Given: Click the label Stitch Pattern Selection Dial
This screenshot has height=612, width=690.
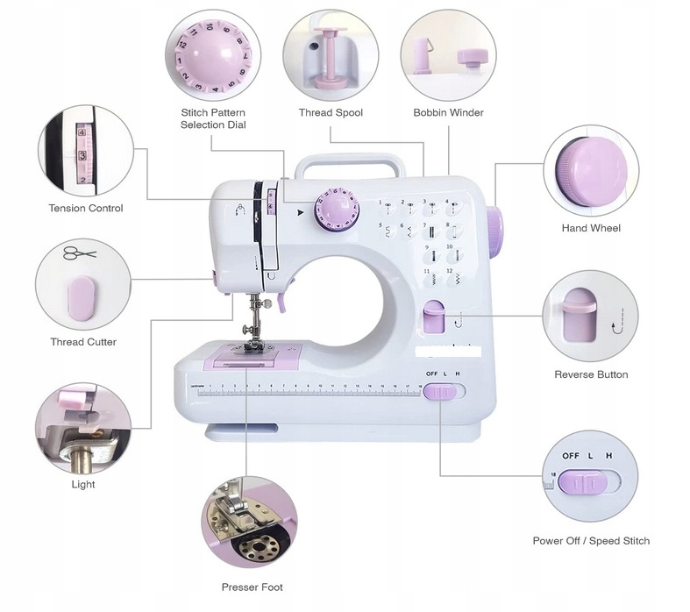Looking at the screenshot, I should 213,118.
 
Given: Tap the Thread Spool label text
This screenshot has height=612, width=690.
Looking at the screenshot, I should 331,113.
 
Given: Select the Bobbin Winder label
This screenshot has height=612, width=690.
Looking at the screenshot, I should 448,113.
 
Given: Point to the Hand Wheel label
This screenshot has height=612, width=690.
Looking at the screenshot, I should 591,228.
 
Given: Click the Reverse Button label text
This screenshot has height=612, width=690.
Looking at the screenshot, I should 591,374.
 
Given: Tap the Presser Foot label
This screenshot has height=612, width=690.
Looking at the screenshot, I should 253,587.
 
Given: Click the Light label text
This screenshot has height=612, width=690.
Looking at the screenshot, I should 83,484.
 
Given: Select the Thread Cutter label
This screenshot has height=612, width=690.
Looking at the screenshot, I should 83,342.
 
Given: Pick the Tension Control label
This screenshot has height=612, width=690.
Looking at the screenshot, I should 86,209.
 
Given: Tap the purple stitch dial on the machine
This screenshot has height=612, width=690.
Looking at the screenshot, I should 334,211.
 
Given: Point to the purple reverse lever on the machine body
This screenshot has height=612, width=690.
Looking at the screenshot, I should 433,317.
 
